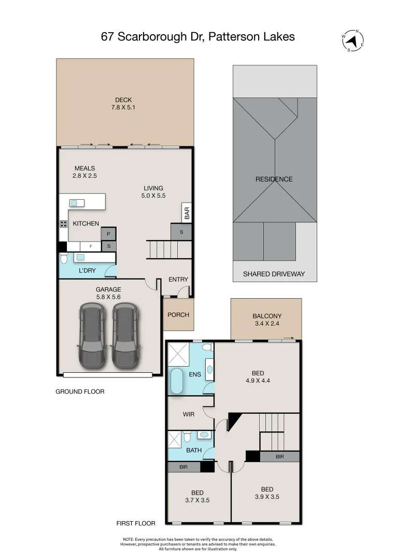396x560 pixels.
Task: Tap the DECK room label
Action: (x=123, y=100)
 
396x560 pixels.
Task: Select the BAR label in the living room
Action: (x=187, y=213)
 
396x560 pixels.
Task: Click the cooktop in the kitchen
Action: (x=64, y=224)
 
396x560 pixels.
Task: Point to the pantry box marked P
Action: (x=108, y=234)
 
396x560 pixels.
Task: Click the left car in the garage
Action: (x=92, y=335)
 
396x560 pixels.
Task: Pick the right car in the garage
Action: (x=125, y=335)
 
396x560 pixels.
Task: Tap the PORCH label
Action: (x=178, y=315)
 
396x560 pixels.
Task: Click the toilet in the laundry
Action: (x=64, y=258)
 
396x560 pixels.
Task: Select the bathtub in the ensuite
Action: (x=177, y=381)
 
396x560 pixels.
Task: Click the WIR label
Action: (x=189, y=414)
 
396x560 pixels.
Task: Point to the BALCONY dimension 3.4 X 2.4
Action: (x=267, y=324)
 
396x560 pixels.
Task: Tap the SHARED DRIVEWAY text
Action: (x=274, y=274)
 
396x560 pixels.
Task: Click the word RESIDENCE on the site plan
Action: (x=274, y=179)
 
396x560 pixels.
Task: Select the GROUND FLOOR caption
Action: (x=80, y=391)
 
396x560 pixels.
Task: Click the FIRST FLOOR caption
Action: (x=136, y=523)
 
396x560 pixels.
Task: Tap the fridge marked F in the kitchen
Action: (x=91, y=246)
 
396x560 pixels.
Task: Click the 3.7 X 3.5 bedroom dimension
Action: (x=197, y=500)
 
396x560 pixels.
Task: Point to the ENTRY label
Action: (x=178, y=279)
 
